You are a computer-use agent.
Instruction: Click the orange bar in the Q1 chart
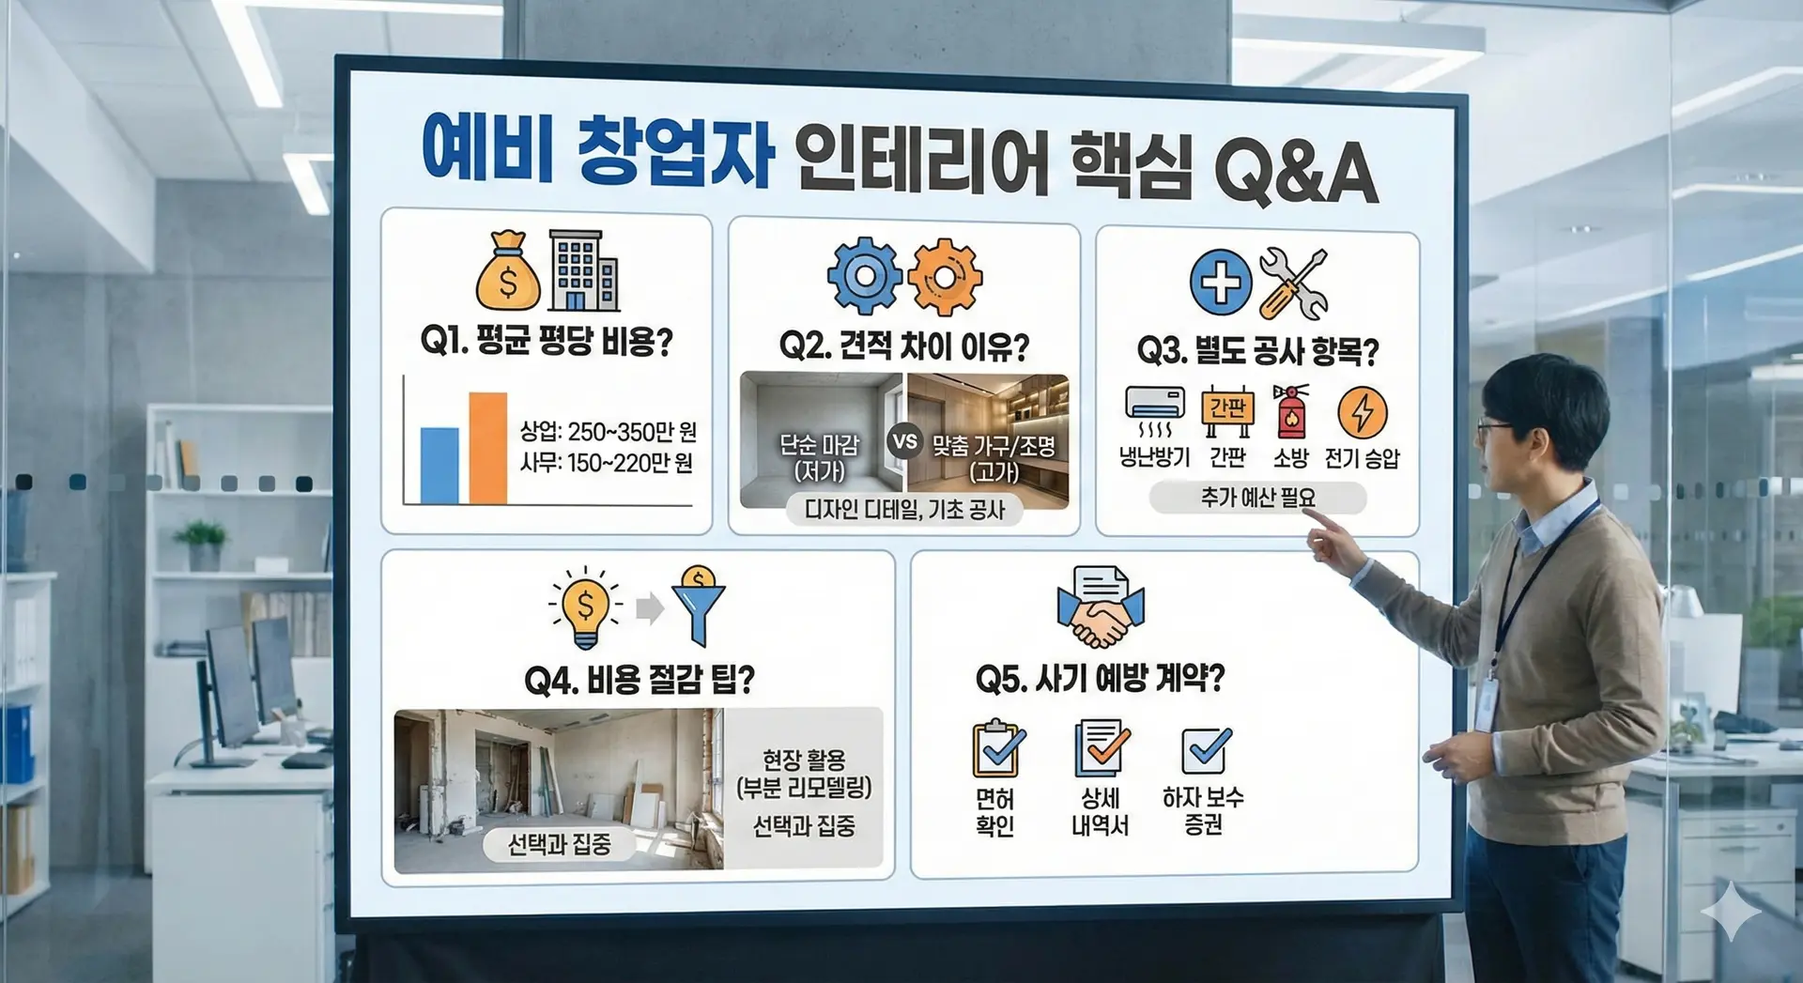[x=487, y=448]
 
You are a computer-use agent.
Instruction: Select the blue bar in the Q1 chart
[x=439, y=466]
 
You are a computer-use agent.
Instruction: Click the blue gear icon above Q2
[x=864, y=276]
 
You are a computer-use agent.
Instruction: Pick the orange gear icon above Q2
[x=945, y=277]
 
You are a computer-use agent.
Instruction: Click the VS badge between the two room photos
[x=904, y=441]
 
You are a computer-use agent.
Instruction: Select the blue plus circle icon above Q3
[x=1221, y=282]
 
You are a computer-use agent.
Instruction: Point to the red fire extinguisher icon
[x=1291, y=411]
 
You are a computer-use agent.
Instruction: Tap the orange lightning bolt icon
[x=1363, y=412]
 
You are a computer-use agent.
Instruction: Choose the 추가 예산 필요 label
[x=1257, y=498]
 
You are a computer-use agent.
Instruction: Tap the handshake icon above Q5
[x=1101, y=608]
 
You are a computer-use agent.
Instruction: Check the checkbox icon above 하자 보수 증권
[x=1206, y=749]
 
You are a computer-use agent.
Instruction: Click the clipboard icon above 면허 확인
[x=997, y=748]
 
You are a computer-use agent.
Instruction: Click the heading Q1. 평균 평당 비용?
[x=547, y=341]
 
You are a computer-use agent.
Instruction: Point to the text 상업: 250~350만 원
[x=609, y=432]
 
